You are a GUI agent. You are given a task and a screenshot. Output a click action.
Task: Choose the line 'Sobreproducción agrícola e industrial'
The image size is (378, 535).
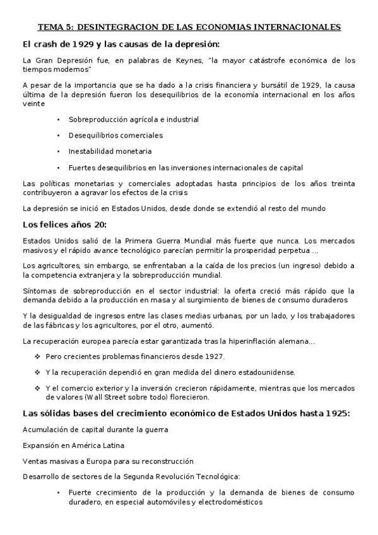(x=134, y=119)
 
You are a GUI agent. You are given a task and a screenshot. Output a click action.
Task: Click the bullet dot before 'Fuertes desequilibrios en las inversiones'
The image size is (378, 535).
(x=58, y=168)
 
